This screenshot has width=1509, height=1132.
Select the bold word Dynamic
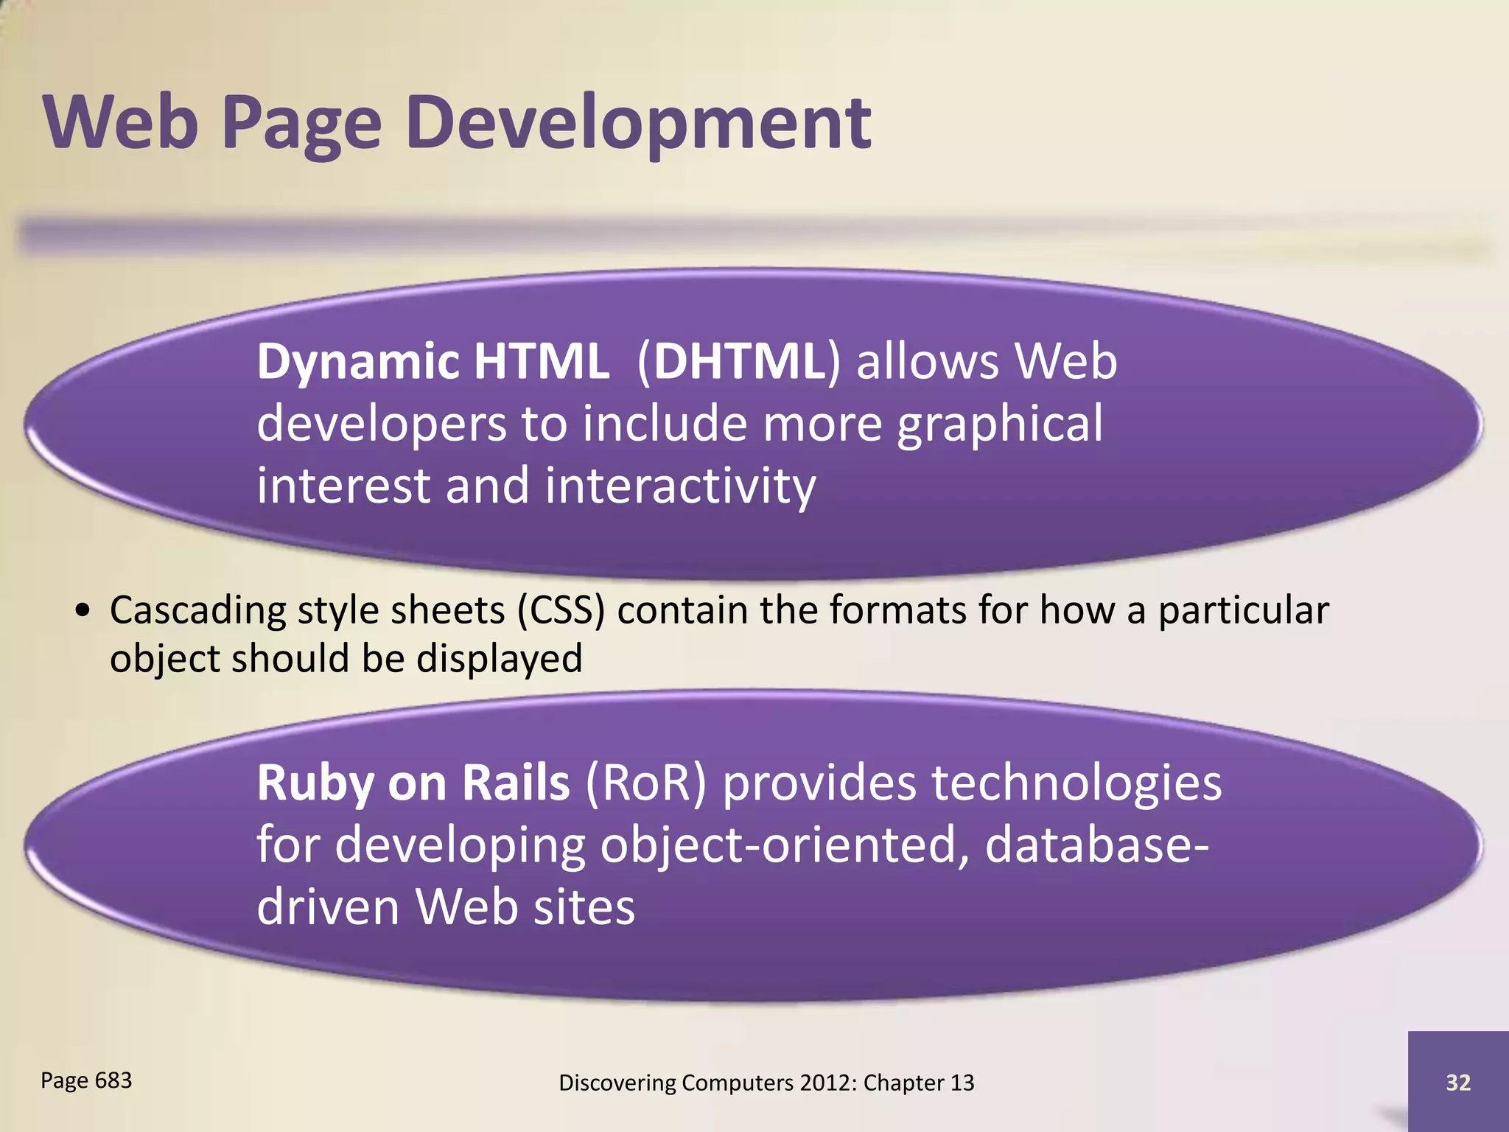tap(358, 363)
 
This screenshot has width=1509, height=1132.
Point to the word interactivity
tap(680, 486)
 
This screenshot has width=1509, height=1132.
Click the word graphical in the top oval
tap(1000, 425)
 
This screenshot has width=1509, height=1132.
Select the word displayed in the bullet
tap(500, 659)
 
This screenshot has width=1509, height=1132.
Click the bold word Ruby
tap(315, 784)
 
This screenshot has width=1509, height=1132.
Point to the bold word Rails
tap(516, 783)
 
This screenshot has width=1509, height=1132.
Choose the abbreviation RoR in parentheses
tap(645, 783)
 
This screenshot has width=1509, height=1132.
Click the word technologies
tap(1076, 783)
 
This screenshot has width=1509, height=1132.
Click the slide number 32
tap(1458, 1083)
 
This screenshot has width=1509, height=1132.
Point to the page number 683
tap(113, 1080)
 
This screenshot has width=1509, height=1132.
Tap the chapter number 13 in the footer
tap(962, 1083)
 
